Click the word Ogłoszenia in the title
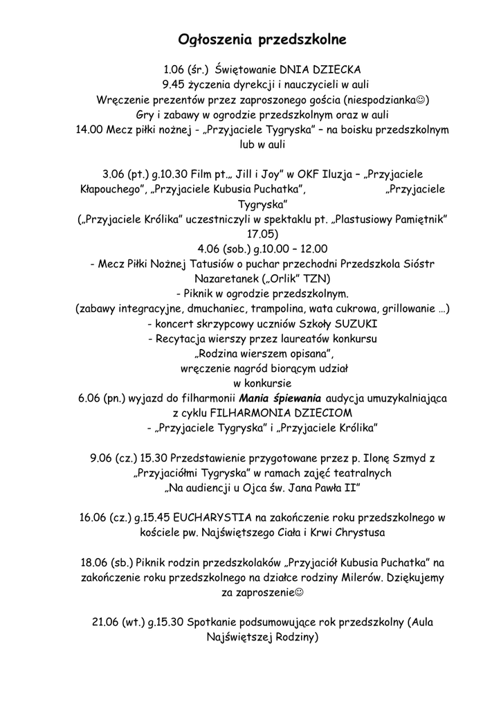[215, 39]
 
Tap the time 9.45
[173, 85]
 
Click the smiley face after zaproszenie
[300, 593]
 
